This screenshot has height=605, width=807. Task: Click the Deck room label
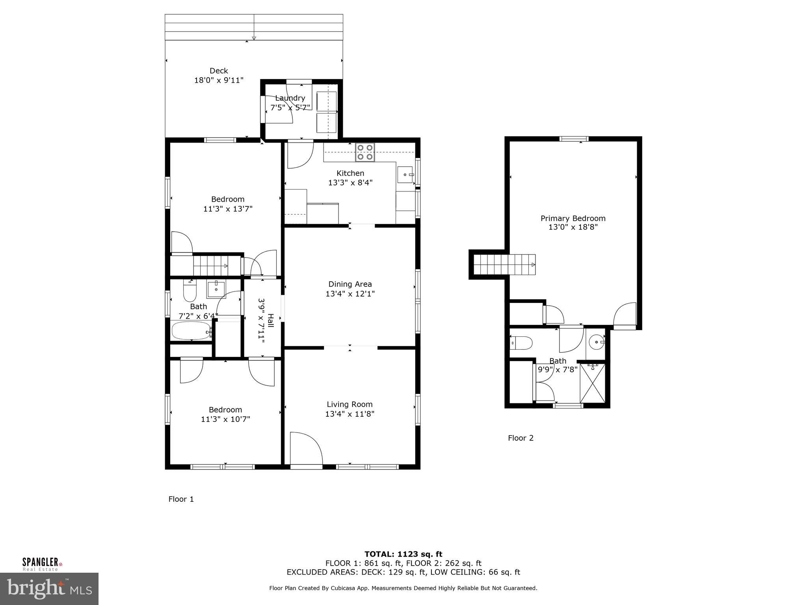tap(219, 71)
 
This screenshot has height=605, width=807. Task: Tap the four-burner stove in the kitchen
tap(365, 152)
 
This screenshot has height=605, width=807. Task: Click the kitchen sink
tap(405, 175)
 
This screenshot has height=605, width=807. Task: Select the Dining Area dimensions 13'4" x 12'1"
tap(350, 294)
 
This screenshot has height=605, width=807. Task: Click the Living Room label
tap(350, 404)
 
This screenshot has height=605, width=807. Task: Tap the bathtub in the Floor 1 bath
tap(192, 331)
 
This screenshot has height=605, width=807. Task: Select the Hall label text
tap(271, 320)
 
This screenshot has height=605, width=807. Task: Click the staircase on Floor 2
tap(504, 264)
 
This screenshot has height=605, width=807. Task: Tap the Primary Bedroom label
tap(573, 218)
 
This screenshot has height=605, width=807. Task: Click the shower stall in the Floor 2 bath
tap(593, 383)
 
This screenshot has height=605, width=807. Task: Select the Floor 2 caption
tap(521, 438)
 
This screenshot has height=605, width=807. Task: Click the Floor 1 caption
tap(181, 499)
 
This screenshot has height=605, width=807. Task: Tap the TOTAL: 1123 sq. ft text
tap(403, 554)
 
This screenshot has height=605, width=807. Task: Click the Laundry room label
tap(290, 98)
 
